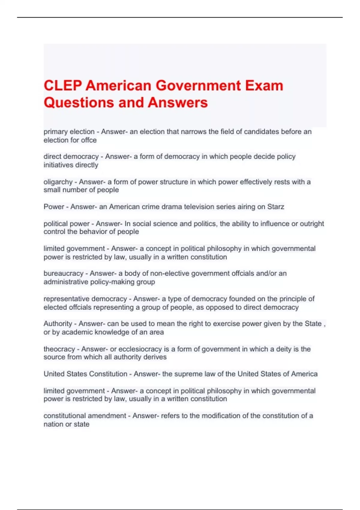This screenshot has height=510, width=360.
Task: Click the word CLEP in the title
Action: (63, 85)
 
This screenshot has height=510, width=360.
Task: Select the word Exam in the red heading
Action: (264, 85)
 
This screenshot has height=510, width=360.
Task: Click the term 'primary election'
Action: (69, 132)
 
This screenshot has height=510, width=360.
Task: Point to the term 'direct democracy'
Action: (71, 157)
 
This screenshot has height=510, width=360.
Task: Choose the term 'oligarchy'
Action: (58, 182)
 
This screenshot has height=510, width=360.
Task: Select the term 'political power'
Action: (67, 224)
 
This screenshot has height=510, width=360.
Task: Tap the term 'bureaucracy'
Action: (63, 273)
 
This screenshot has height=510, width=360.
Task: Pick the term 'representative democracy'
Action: (85, 299)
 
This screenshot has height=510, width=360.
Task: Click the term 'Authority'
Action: (58, 324)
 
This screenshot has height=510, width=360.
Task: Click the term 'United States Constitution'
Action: (85, 374)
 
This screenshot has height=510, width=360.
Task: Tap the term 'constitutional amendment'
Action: (85, 416)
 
